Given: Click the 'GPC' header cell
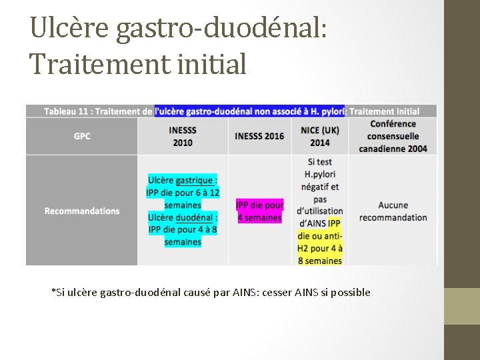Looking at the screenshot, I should pyautogui.click(x=82, y=136).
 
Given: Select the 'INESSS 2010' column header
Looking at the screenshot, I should pyautogui.click(x=182, y=136).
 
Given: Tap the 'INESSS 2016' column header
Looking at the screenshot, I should pyautogui.click(x=259, y=136).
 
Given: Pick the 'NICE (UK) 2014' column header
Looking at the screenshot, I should pyautogui.click(x=320, y=136).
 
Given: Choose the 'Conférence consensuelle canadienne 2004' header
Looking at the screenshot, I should pyautogui.click(x=393, y=136).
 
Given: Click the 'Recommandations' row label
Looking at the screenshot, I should pyautogui.click(x=82, y=211).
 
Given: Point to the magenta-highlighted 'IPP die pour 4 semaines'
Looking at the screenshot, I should pyautogui.click(x=259, y=211).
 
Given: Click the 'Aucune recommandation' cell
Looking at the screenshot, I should pyautogui.click(x=393, y=211).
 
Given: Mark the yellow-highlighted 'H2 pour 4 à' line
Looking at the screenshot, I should pyautogui.click(x=320, y=248).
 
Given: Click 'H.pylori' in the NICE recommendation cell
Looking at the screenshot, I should pyautogui.click(x=320, y=174).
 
